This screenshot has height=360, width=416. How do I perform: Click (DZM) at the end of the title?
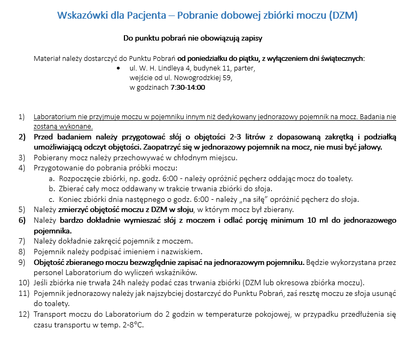click(341, 15)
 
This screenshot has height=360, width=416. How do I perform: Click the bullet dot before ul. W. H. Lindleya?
click(118, 68)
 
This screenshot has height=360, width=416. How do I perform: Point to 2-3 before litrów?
click(237, 137)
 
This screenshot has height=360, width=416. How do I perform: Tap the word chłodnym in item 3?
click(189, 158)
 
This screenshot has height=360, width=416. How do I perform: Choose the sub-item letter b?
click(52, 188)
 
